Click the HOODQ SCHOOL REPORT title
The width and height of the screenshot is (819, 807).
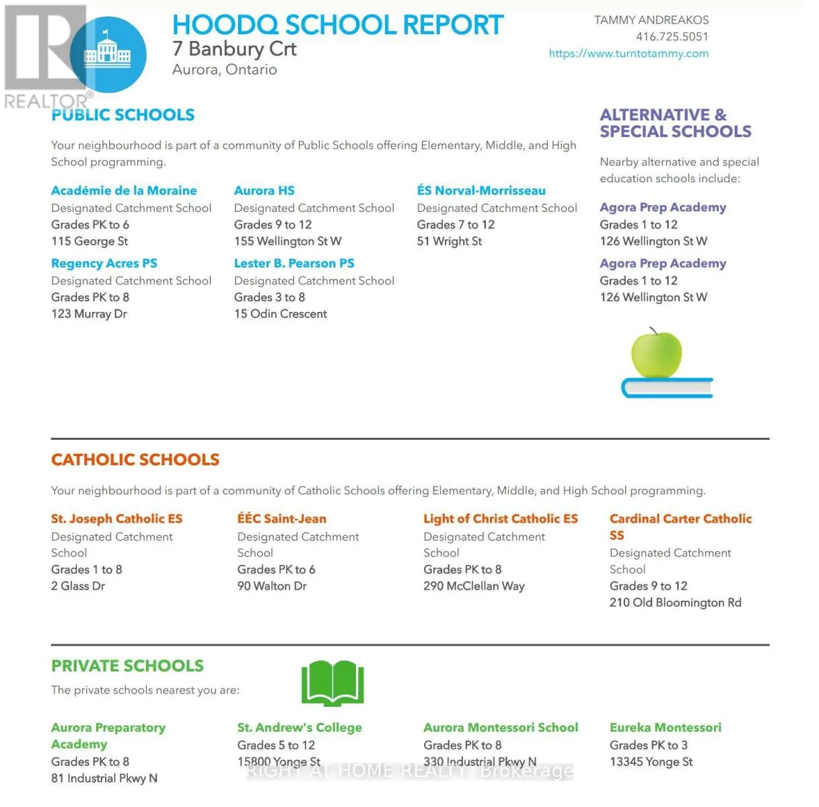(x=337, y=25)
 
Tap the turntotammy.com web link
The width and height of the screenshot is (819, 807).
(x=629, y=54)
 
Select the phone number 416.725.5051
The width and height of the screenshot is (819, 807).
(x=672, y=37)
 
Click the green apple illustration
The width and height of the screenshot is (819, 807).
(x=656, y=353)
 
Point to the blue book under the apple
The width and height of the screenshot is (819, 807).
(x=666, y=388)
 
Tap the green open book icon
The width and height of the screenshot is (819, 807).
(x=332, y=683)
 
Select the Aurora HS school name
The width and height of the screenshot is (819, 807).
(x=264, y=191)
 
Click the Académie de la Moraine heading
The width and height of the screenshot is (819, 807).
(x=124, y=191)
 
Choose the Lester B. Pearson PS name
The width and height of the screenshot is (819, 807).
(x=294, y=264)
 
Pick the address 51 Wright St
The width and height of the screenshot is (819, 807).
(x=449, y=241)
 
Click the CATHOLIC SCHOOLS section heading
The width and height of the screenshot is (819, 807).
(x=135, y=460)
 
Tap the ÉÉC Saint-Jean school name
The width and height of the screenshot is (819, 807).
(x=281, y=519)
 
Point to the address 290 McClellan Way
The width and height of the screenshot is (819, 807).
(x=474, y=586)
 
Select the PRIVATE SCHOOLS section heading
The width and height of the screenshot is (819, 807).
(x=127, y=666)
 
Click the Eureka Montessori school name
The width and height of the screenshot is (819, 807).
(x=665, y=728)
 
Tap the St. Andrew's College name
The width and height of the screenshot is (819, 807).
(x=299, y=728)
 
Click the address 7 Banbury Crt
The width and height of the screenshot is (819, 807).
(x=234, y=49)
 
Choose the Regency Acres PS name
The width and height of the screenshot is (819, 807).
(x=104, y=264)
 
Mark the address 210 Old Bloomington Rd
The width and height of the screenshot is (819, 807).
(x=675, y=603)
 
